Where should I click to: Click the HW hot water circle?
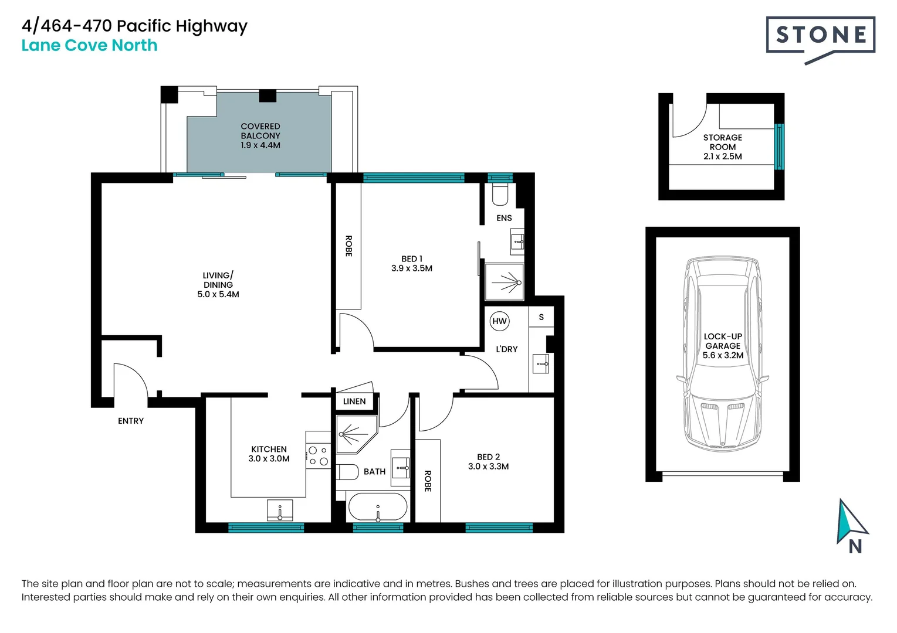pos(499,321)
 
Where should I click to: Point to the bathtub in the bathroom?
pos(377,507)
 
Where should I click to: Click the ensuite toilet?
pos(500,195)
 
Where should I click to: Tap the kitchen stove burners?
pos(318,456)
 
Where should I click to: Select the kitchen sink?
pos(280,510)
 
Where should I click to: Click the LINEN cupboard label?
pos(354,401)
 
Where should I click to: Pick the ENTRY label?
pos(130,421)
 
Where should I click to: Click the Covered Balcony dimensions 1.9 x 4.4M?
pos(260,145)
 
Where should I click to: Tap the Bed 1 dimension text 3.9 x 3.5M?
pos(412,268)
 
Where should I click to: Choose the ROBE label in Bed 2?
pos(428,481)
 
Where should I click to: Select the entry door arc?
pos(132,379)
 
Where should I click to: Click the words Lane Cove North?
pos(89,46)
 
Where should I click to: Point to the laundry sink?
pos(541,363)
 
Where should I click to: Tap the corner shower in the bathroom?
pos(354,434)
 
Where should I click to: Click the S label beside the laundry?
pos(541,317)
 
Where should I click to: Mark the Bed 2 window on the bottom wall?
pos(499,527)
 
